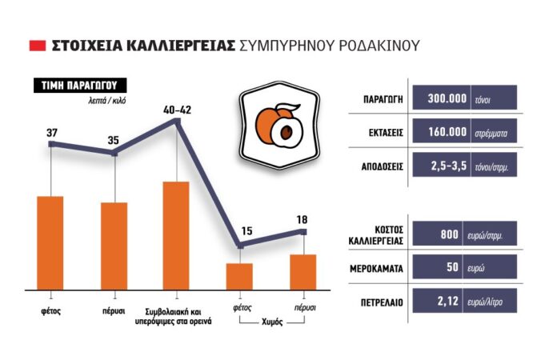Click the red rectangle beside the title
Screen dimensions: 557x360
coord(38,46)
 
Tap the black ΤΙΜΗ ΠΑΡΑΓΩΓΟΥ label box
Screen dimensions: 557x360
coord(80,86)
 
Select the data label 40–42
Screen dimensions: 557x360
coord(177,110)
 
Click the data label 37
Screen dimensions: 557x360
coord(52,133)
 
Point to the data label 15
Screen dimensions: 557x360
coord(246,231)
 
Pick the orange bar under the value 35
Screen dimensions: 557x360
coord(114,246)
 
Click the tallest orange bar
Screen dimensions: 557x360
coord(176,236)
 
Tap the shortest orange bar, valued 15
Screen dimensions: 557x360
coord(239,277)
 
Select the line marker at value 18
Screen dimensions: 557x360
coord(304,232)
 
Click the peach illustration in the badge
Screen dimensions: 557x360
coord(279,126)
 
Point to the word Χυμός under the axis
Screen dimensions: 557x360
coord(272,322)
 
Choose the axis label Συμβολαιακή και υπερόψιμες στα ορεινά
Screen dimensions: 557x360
coord(174,317)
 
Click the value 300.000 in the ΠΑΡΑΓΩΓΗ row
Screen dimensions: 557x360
coord(447,98)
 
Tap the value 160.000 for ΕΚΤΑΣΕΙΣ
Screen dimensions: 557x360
coord(447,132)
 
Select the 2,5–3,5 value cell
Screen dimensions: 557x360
coord(449,166)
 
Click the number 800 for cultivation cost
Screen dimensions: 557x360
coord(450,234)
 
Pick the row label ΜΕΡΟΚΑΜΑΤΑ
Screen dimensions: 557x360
coord(377,269)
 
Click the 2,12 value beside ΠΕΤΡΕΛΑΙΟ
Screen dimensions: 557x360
coord(448,302)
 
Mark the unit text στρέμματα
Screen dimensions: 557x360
coord(491,134)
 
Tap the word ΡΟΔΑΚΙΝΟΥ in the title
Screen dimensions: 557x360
coord(379,46)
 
